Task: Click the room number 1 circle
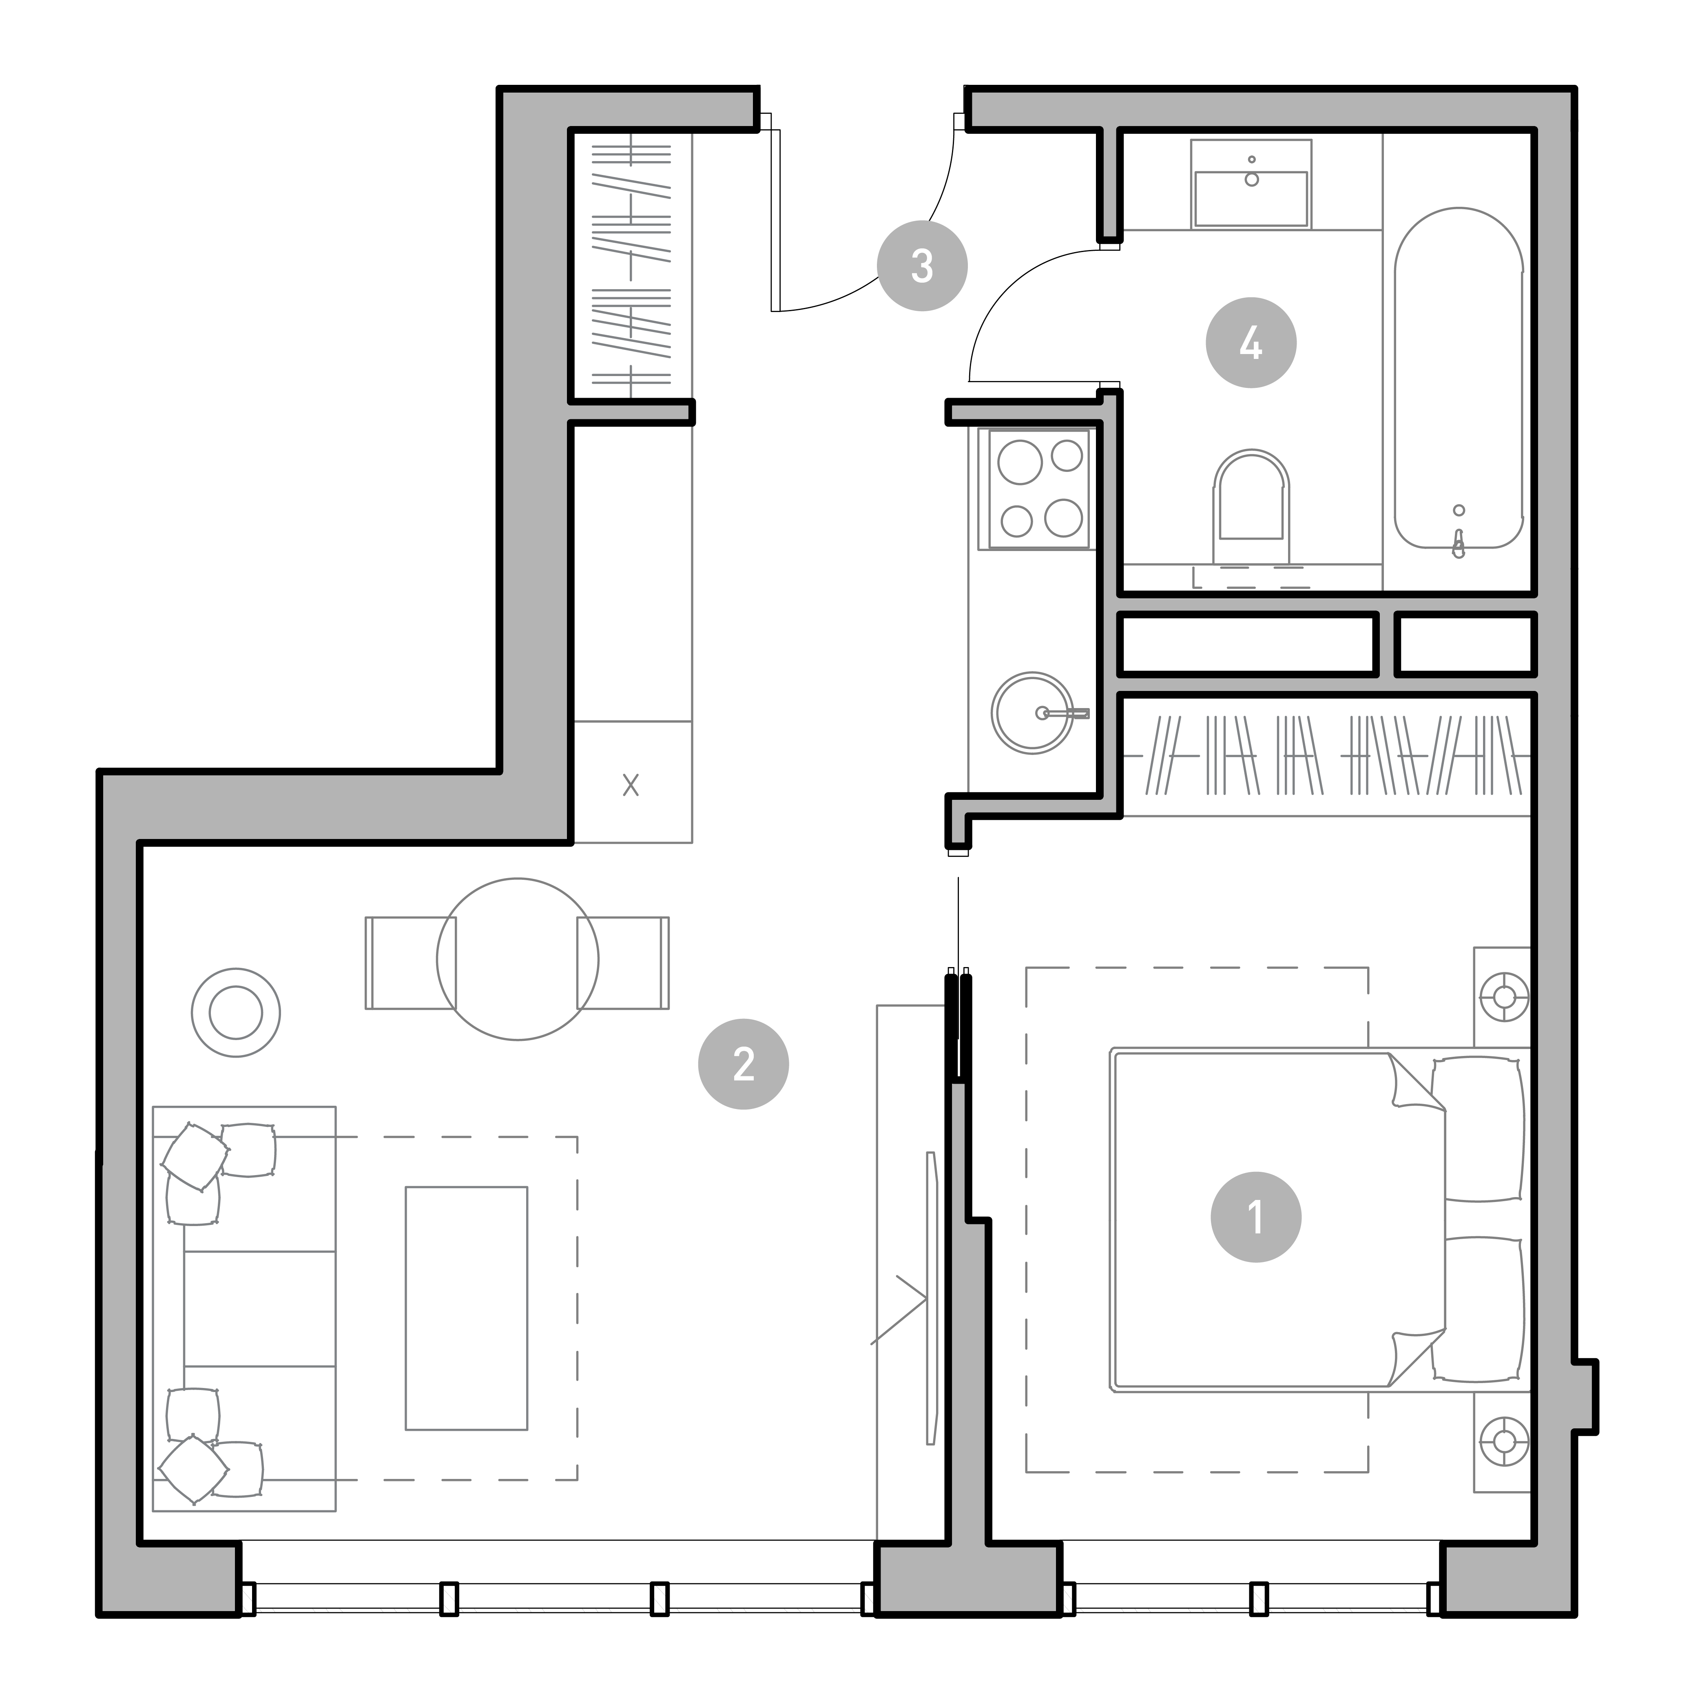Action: (x=1256, y=1217)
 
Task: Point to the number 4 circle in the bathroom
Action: (x=1251, y=342)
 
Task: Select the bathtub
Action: (x=1459, y=379)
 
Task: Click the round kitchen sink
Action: (x=1033, y=713)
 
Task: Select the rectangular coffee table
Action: (x=466, y=1308)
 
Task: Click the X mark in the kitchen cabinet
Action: (x=631, y=785)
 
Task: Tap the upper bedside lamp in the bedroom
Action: (x=1504, y=997)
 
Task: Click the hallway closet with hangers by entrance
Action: (x=631, y=264)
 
